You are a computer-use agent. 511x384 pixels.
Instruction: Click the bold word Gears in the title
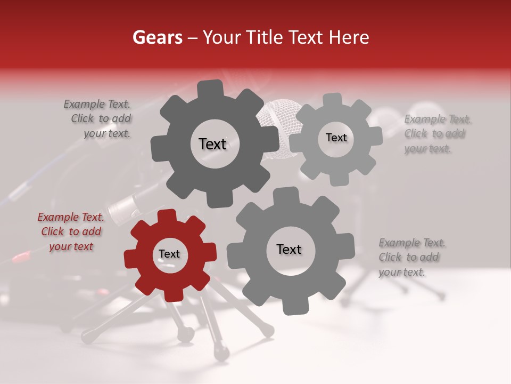click(x=156, y=37)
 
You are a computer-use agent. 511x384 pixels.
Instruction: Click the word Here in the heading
click(x=349, y=37)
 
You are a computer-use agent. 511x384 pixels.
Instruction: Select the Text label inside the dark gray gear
click(x=212, y=144)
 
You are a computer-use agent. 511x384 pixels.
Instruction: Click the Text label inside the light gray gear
click(x=336, y=138)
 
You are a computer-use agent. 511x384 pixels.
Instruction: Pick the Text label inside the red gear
click(x=169, y=254)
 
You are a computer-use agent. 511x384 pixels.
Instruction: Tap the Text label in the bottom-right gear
click(x=289, y=250)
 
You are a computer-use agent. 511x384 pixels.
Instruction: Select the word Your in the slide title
click(x=218, y=37)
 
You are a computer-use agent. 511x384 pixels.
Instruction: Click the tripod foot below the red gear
click(x=186, y=334)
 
